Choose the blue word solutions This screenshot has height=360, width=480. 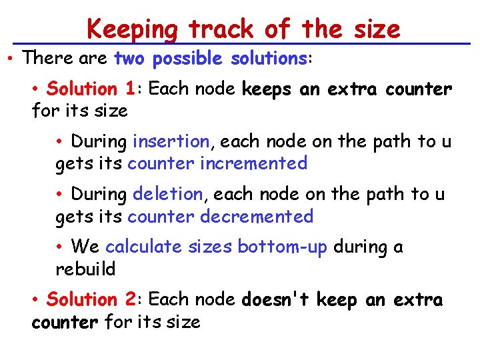(268, 59)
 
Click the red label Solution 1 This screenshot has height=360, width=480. (91, 89)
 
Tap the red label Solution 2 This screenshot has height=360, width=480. (91, 300)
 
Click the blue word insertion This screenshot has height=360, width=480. (171, 141)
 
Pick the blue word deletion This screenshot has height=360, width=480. (168, 195)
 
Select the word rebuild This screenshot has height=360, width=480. (85, 269)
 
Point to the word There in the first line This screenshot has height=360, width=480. (44, 59)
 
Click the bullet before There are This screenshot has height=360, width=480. (13, 59)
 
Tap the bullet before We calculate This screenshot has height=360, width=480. (61, 247)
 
